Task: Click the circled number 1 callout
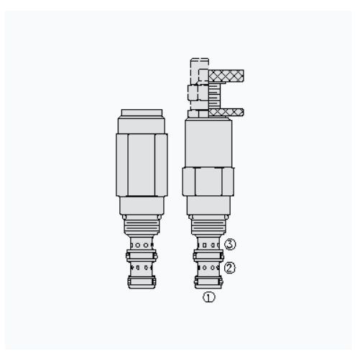point(209,297)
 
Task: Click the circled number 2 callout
point(229,268)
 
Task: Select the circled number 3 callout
point(230,245)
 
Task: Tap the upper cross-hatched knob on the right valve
point(226,75)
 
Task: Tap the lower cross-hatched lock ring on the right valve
point(226,113)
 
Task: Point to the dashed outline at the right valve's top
point(199,70)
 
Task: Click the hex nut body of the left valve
point(142,165)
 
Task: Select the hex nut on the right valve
point(208,182)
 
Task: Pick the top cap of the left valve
point(142,113)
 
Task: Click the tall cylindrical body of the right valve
point(208,144)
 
